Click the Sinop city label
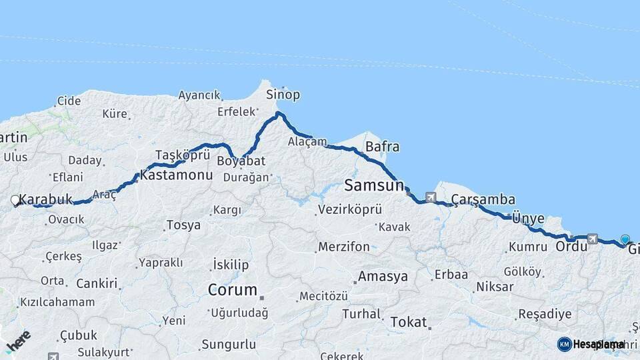point(283,95)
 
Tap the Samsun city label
point(374,185)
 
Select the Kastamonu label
point(177,175)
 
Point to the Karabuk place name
point(45,199)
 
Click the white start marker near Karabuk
point(15,199)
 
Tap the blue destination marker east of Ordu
point(625,239)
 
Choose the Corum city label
point(233,290)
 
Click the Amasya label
point(383,276)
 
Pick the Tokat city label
point(408,322)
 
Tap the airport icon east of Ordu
point(592,238)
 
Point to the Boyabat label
point(241,161)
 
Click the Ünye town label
point(528,219)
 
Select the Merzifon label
point(344,247)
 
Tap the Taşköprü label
point(177,155)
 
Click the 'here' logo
point(18,340)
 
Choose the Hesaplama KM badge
point(591,344)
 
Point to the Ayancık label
point(199,95)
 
